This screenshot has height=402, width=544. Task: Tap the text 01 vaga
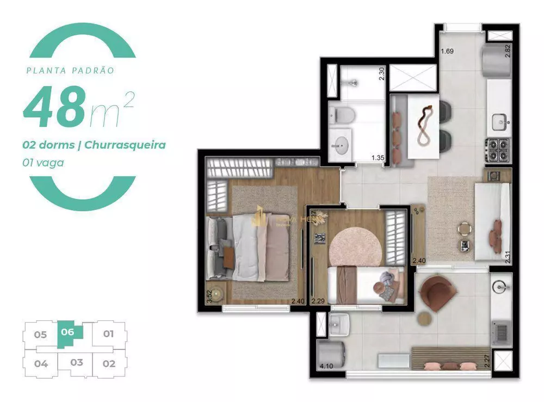point(43,162)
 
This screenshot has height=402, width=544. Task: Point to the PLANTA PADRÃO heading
point(70,70)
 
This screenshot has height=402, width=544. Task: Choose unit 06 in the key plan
point(67,332)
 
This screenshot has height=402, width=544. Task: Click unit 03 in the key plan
point(76,362)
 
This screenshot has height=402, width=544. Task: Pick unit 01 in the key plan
point(108,333)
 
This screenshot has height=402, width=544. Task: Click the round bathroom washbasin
point(342,145)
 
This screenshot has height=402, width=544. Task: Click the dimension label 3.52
point(209,296)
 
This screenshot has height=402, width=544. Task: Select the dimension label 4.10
point(326,366)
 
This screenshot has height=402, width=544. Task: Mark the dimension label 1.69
point(447,52)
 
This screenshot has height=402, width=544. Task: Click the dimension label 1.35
point(378,158)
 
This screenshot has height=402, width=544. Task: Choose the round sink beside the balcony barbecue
point(499,287)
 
